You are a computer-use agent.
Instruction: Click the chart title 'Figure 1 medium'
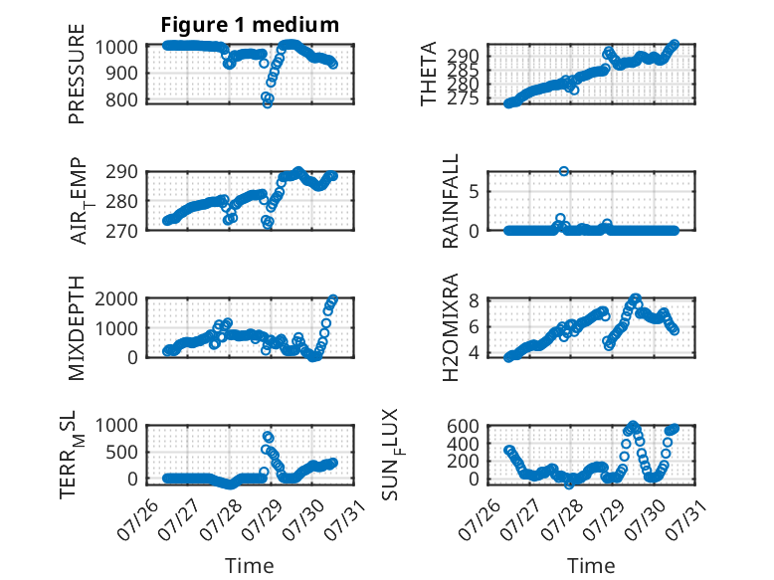(250, 25)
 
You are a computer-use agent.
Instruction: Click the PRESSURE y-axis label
(77, 74)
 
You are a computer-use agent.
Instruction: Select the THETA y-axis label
(429, 74)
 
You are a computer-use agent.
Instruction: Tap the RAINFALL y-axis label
(451, 201)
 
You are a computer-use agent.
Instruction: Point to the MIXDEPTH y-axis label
(77, 328)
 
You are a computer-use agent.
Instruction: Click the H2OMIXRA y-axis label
(451, 327)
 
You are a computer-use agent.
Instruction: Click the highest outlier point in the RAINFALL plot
(564, 171)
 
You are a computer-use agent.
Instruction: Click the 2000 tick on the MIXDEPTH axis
(116, 299)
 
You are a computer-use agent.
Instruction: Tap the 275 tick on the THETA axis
(463, 99)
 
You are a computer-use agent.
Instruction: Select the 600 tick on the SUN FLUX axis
(463, 426)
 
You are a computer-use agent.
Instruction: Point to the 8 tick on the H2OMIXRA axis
(474, 300)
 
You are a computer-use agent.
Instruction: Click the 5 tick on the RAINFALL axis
(474, 192)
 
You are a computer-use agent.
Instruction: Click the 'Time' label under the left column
(250, 566)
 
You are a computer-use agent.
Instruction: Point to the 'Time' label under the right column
(591, 566)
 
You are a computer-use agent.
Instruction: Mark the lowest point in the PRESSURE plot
(267, 103)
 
